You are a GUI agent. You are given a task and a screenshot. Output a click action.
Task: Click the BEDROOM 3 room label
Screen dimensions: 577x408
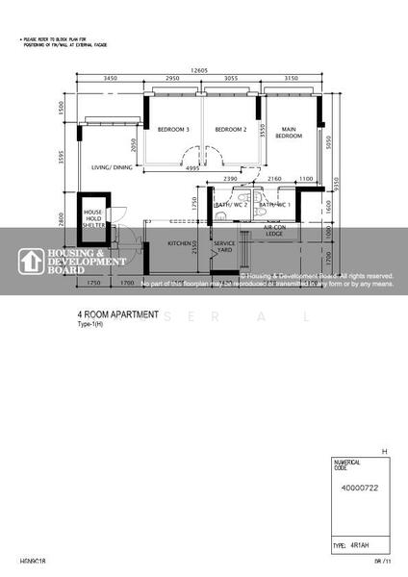[174, 130]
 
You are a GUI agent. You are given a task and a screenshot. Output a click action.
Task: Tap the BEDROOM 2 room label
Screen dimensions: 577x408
[231, 130]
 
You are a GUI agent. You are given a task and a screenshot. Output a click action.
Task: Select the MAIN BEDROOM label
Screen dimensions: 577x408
[288, 134]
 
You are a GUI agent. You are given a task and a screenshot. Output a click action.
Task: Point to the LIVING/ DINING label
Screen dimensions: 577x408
[112, 167]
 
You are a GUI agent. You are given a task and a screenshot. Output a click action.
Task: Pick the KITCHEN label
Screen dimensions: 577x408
[180, 244]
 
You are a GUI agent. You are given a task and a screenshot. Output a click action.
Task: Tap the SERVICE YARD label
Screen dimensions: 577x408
[224, 248]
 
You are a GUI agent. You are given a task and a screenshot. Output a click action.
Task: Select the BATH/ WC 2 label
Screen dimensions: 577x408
[231, 205]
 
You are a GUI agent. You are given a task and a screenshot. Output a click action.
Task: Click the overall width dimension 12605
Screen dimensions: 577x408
[199, 69]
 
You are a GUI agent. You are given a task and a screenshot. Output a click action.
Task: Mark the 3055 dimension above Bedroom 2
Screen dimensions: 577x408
[231, 77]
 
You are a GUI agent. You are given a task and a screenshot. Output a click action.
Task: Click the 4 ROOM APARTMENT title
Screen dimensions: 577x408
[117, 314]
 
